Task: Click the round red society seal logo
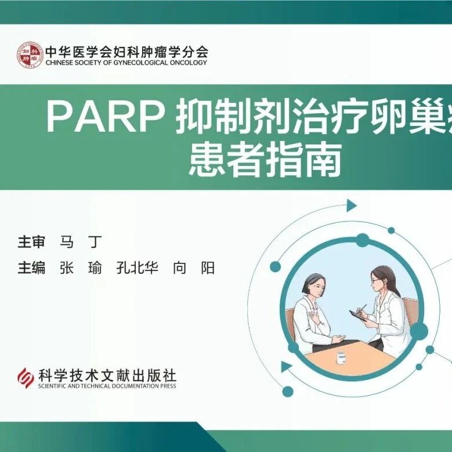[x=30, y=55]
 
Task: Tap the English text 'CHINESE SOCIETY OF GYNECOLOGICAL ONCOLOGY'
[x=126, y=63]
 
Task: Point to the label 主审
[x=31, y=241]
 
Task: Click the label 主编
[x=31, y=268]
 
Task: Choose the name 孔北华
[x=137, y=268]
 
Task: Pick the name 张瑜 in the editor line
[x=81, y=268]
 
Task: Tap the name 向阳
[x=194, y=268]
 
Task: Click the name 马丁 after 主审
[x=81, y=241]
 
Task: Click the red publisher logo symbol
[x=26, y=378]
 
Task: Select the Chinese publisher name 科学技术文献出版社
[x=107, y=376]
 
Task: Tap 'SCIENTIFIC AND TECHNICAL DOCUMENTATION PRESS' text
[x=107, y=386]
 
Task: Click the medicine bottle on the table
[x=342, y=358]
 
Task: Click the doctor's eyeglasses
[x=375, y=280]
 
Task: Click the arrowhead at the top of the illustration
[x=352, y=205]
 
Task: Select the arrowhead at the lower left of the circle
[x=286, y=367]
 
